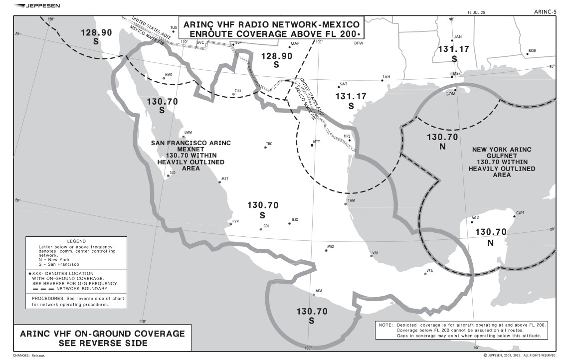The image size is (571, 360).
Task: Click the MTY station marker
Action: pos(313,145)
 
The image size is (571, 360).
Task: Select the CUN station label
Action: pos(520,212)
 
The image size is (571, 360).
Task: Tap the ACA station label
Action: pos(319,291)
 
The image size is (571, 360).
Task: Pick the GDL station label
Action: pos(266,226)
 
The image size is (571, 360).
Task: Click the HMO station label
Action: pos(169,75)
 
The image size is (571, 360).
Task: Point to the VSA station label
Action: pos(429,271)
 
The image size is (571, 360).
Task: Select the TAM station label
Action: pos(351,200)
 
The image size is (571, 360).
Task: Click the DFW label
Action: pos(359,43)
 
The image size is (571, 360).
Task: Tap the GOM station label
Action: pos(450,94)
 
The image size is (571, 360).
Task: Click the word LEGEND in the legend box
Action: pos(76,241)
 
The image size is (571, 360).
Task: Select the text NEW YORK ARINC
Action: pos(501,150)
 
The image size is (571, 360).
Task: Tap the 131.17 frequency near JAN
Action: pos(453,49)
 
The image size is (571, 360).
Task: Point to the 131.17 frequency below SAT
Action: pos(351,96)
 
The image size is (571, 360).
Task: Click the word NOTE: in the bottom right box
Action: pos(385,325)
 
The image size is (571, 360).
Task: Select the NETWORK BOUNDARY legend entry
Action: pos(81,289)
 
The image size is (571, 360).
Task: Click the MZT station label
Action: pos(225,179)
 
